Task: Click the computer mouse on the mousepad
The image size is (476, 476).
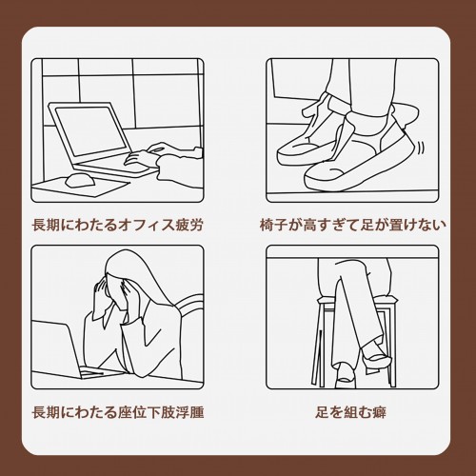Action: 80,180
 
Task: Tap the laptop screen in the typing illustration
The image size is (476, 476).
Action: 90,130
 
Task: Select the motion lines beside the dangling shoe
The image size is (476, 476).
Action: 421,147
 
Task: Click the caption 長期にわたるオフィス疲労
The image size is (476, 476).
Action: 117,225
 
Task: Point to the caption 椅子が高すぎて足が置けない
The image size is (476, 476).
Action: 352,225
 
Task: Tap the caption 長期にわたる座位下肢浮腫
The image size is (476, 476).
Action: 117,412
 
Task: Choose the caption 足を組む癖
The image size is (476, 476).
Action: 350,412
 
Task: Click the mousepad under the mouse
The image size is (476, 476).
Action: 81,188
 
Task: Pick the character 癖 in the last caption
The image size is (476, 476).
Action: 379,412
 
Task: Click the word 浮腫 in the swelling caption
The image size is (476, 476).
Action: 189,412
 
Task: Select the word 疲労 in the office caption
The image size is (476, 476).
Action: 188,225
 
